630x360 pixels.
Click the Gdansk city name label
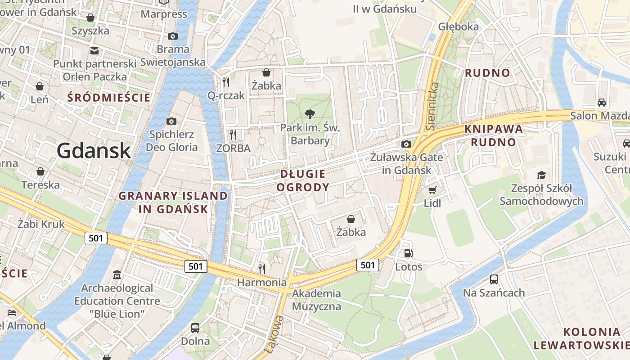pyautogui.click(x=94, y=150)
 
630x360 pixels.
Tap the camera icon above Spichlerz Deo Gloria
pyautogui.click(x=171, y=121)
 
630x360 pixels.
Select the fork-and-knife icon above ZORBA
pyautogui.click(x=233, y=135)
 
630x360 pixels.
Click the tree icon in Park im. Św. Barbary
pyautogui.click(x=310, y=114)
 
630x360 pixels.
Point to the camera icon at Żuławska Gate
pyautogui.click(x=406, y=144)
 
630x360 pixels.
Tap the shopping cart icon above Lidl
pyautogui.click(x=432, y=190)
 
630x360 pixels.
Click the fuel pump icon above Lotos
pyautogui.click(x=408, y=253)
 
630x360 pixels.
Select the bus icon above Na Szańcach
pyautogui.click(x=494, y=279)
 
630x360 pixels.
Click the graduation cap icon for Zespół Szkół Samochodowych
pyautogui.click(x=541, y=175)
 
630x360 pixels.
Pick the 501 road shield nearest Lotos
pyautogui.click(x=368, y=265)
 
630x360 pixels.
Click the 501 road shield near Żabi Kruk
pyautogui.click(x=96, y=238)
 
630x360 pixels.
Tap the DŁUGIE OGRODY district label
pyautogui.click(x=302, y=180)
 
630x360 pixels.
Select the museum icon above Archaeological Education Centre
pyautogui.click(x=117, y=274)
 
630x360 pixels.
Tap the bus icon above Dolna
pyautogui.click(x=195, y=328)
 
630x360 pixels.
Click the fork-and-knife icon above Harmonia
pyautogui.click(x=262, y=269)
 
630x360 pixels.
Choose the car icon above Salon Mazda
pyautogui.click(x=601, y=102)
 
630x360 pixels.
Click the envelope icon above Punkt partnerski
pyautogui.click(x=94, y=50)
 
